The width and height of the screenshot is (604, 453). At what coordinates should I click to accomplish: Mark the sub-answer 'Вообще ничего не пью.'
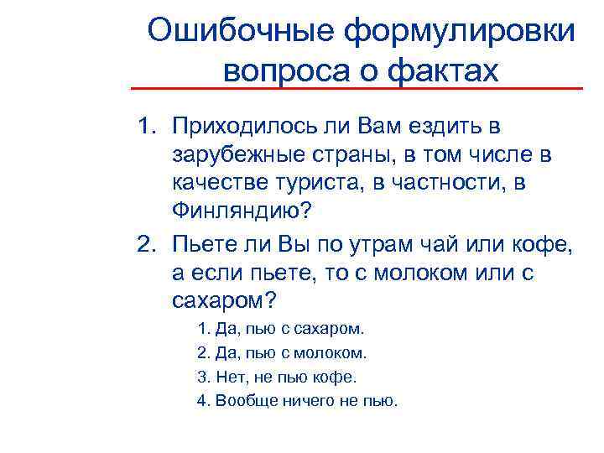click(297, 400)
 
